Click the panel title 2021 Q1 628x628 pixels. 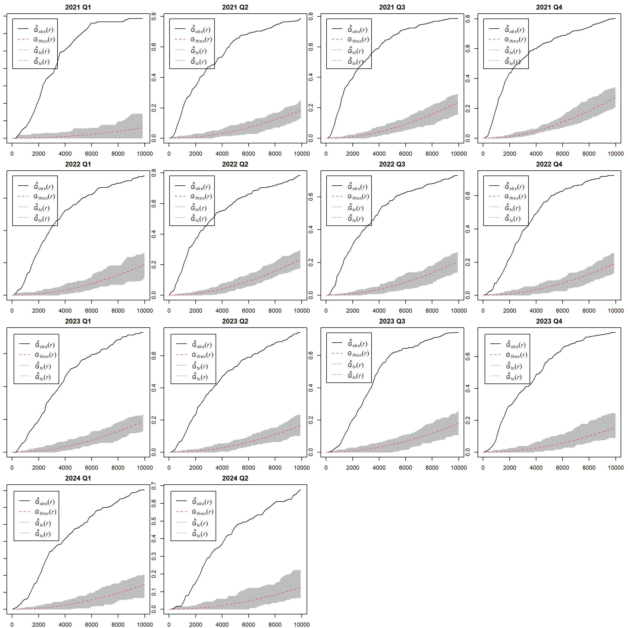click(78, 7)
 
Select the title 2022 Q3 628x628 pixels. click(392, 164)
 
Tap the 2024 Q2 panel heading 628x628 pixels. click(235, 478)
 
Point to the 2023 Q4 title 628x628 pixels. click(549, 321)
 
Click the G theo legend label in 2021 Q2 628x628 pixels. click(201, 40)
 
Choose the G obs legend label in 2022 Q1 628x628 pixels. click(44, 187)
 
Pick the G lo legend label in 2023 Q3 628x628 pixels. click(356, 376)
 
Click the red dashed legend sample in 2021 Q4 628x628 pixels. click(494, 39)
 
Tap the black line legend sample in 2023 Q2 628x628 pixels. click(181, 344)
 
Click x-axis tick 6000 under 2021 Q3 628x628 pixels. click(405, 154)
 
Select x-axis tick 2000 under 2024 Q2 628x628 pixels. click(195, 624)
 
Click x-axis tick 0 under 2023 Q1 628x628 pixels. click(12, 468)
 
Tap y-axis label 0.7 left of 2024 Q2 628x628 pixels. click(154, 486)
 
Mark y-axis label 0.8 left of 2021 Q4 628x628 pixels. click(468, 19)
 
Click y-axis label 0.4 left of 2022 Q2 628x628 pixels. click(154, 234)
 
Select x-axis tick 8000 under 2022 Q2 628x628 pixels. click(275, 311)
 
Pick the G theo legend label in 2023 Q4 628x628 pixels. click(517, 355)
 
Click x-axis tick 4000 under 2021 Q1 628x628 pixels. click(65, 154)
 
